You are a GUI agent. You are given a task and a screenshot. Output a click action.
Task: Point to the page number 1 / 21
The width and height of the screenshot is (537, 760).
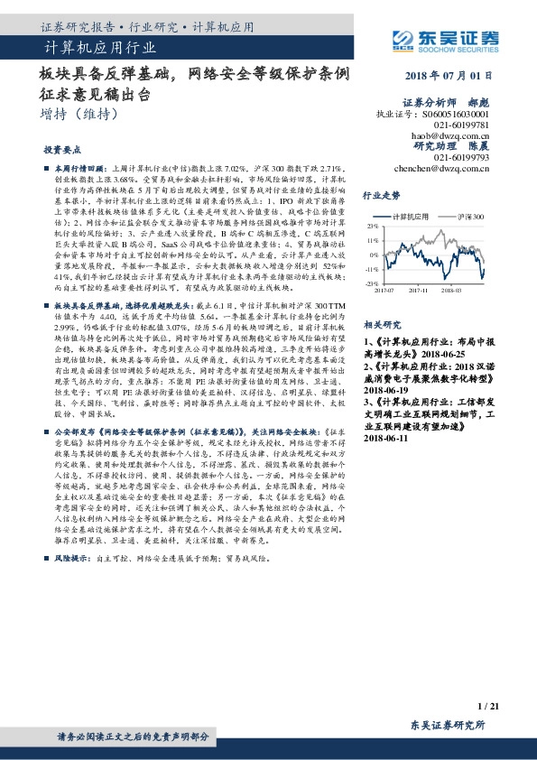pyautogui.click(x=487, y=704)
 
